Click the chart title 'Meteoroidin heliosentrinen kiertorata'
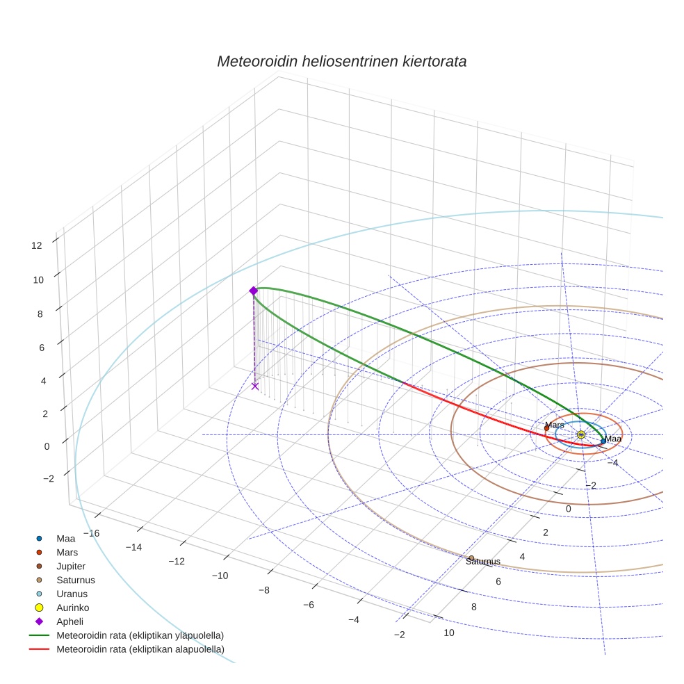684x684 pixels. (341, 61)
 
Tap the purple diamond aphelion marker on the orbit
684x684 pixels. (253, 291)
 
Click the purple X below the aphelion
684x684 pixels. (255, 386)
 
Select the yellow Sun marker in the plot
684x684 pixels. (580, 434)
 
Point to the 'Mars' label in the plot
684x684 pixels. (555, 425)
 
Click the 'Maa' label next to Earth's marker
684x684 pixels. (613, 439)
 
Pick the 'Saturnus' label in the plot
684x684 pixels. (482, 562)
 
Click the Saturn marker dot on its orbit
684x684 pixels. (471, 557)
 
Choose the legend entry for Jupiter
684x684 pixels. (71, 567)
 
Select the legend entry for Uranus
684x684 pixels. (72, 594)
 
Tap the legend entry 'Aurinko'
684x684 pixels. (72, 608)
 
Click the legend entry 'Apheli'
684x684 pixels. (70, 621)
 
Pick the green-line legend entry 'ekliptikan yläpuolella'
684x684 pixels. (140, 635)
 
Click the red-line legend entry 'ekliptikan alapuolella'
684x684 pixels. (140, 649)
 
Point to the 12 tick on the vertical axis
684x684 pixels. (36, 245)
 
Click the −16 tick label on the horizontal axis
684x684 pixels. (91, 533)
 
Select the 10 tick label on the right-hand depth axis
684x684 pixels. (449, 633)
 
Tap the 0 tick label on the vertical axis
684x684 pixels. (47, 446)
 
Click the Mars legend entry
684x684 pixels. (67, 553)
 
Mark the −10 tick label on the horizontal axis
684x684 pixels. (220, 576)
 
